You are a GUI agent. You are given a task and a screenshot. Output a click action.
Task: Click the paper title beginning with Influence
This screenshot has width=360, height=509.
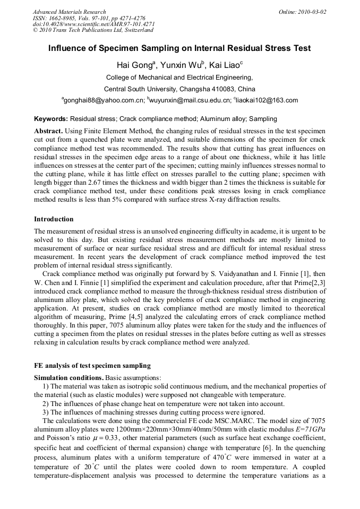[179, 48]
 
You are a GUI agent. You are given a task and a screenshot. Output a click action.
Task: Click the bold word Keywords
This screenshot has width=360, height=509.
[51, 119]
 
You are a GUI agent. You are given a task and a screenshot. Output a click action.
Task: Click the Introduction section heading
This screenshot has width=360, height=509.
[54, 219]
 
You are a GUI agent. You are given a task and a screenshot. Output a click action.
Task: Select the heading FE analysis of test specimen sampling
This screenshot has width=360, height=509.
[92, 365]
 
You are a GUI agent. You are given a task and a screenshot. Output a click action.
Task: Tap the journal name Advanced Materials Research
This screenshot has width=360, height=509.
[69, 12]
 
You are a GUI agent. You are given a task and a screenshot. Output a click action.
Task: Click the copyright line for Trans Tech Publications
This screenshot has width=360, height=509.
[93, 30]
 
